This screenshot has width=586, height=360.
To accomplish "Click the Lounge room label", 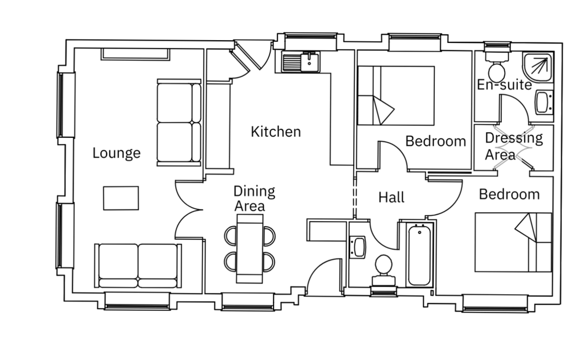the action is click(116, 153).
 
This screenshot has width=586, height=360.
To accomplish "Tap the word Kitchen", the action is click(276, 132).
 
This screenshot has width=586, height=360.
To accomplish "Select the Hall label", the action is click(391, 197).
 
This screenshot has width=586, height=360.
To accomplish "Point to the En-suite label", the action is click(505, 85).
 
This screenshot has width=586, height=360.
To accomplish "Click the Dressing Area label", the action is click(513, 146).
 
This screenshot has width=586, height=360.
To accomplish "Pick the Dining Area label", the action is click(254, 199).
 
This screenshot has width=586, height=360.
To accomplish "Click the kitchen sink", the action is click(301, 62).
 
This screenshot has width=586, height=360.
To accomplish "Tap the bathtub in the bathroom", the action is click(419, 255).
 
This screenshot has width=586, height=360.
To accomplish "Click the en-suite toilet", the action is click(497, 64).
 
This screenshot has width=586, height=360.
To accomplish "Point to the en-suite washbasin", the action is click(544, 102).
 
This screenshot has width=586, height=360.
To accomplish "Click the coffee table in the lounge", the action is click(121, 198).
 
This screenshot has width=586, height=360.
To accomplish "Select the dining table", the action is click(250, 248).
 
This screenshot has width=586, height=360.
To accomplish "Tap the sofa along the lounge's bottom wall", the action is click(138, 266).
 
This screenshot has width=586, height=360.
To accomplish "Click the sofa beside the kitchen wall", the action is click(179, 122).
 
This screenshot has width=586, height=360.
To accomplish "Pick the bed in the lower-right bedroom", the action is click(513, 242).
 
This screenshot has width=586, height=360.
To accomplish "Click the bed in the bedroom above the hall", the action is click(396, 96).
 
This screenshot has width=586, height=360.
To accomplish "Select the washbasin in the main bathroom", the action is click(358, 247).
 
